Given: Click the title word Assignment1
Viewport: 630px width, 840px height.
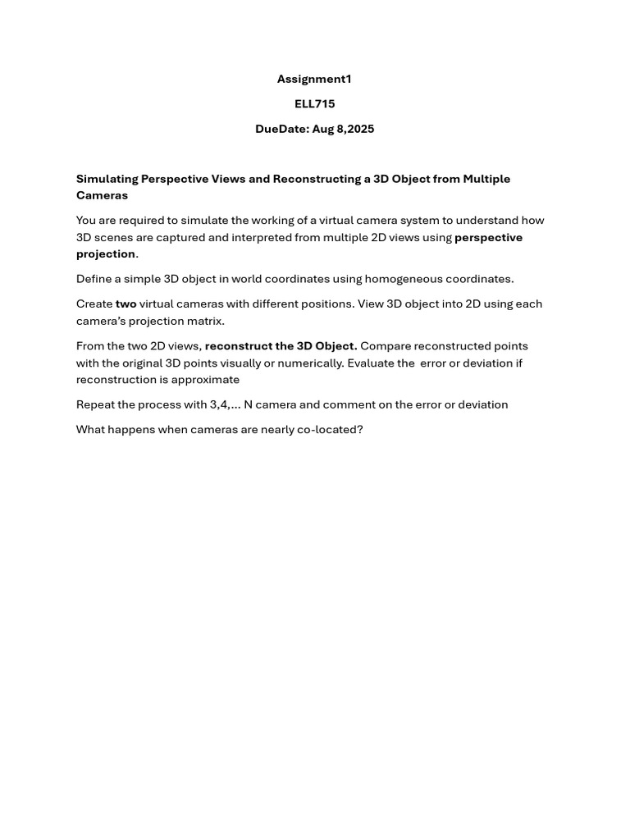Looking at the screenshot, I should pyautogui.click(x=314, y=79).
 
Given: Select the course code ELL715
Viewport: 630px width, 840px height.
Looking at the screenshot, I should pyautogui.click(x=314, y=104).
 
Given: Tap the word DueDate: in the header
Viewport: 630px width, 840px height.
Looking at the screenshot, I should pyautogui.click(x=281, y=129).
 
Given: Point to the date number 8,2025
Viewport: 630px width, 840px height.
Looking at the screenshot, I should pyautogui.click(x=355, y=129).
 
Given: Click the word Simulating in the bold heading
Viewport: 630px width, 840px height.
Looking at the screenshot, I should pyautogui.click(x=107, y=179).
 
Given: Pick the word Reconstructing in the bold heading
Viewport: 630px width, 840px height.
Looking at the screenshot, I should pyautogui.click(x=317, y=179).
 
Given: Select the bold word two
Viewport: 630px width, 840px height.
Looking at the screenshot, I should pyautogui.click(x=126, y=304).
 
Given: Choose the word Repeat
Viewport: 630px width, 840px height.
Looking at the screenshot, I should pyautogui.click(x=95, y=404).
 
